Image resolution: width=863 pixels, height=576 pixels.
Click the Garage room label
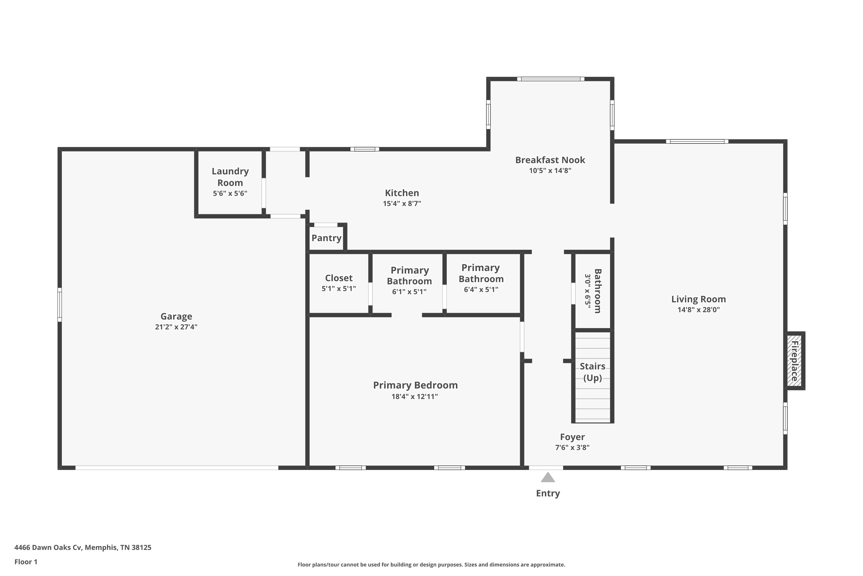176,316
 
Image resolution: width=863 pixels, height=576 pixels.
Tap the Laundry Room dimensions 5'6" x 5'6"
230,194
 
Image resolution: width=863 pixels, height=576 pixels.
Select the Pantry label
326,238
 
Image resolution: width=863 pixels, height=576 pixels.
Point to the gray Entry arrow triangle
548,478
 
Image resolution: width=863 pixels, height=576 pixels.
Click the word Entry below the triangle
548,493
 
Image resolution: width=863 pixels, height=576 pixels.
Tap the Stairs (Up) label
593,372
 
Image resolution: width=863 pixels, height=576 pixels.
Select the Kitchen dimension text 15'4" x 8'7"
402,204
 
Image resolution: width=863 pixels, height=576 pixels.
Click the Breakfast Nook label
550,160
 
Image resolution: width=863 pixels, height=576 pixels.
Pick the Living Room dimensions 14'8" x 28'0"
698,310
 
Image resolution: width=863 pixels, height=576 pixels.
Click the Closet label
339,278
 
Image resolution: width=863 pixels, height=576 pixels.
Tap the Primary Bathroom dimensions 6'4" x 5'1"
481,289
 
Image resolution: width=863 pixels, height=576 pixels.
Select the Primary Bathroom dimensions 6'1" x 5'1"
409,292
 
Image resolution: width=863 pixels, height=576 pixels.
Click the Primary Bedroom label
415,385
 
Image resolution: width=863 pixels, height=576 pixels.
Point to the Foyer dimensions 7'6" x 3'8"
572,448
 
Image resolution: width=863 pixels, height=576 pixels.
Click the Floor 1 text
26,562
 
